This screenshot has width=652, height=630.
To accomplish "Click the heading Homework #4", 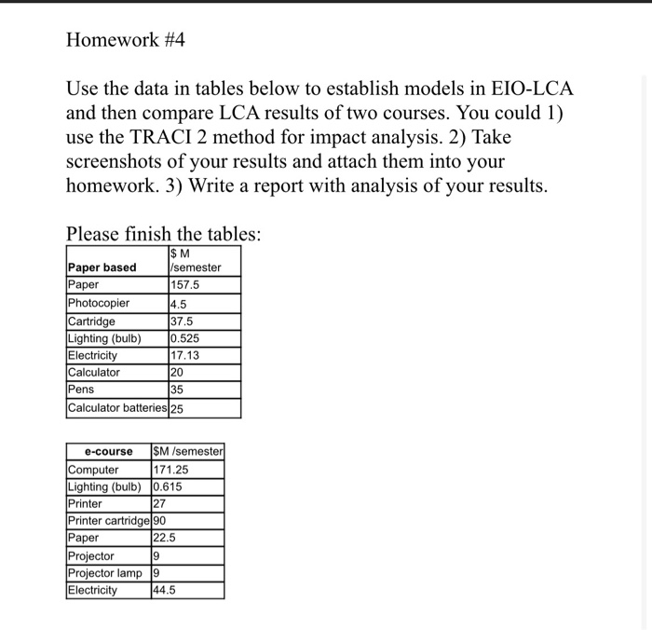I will pyautogui.click(x=120, y=40).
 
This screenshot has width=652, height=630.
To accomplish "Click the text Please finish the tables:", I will pyautogui.click(x=164, y=233).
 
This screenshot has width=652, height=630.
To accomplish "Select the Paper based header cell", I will pyautogui.click(x=102, y=267).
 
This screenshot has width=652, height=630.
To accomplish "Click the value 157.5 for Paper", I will pyautogui.click(x=185, y=285).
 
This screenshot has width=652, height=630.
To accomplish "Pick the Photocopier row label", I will pyautogui.click(x=99, y=303).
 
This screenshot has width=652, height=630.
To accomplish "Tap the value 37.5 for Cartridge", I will pyautogui.click(x=183, y=321).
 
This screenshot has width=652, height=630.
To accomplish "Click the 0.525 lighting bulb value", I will pyautogui.click(x=185, y=338).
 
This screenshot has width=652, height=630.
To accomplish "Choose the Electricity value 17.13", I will pyautogui.click(x=184, y=355).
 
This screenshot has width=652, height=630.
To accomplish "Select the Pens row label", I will pyautogui.click(x=81, y=390).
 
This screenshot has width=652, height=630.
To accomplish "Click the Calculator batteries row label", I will pyautogui.click(x=116, y=408).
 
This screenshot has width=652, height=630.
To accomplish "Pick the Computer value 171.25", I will pyautogui.click(x=170, y=469).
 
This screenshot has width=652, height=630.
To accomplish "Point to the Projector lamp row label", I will pyautogui.click(x=103, y=573).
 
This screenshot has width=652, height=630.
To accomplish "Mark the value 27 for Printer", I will pyautogui.click(x=158, y=503).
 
